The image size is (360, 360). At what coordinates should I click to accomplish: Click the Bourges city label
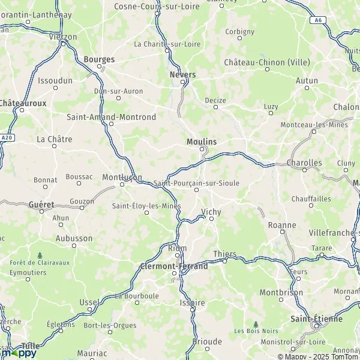pyautogui.click(x=98, y=59)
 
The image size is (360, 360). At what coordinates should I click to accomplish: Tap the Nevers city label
pyautogui.click(x=183, y=74)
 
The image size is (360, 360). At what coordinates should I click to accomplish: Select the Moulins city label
pyautogui.click(x=202, y=141)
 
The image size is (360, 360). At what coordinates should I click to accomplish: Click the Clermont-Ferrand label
pyautogui.click(x=173, y=266)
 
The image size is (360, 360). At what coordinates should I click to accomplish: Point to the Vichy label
pyautogui.click(x=211, y=212)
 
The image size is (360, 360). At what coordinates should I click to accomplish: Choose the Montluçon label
pyautogui.click(x=122, y=178)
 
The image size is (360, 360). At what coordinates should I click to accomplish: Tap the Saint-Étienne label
pyautogui.click(x=316, y=319)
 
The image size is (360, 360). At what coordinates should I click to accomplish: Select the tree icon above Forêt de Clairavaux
pyautogui.click(x=40, y=255)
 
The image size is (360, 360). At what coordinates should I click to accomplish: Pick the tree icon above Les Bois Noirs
pyautogui.click(x=256, y=323)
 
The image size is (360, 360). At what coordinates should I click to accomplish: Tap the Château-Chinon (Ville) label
pyautogui.click(x=263, y=62)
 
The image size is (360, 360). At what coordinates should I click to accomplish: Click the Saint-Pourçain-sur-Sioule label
pyautogui.click(x=196, y=182)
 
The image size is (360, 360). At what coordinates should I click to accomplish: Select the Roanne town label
pyautogui.click(x=283, y=225)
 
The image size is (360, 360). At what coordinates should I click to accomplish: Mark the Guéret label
pyautogui.click(x=41, y=205)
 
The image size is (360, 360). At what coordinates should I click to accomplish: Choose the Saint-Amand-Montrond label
pyautogui.click(x=111, y=117)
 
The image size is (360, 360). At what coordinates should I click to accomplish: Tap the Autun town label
pyautogui.click(x=307, y=80)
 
